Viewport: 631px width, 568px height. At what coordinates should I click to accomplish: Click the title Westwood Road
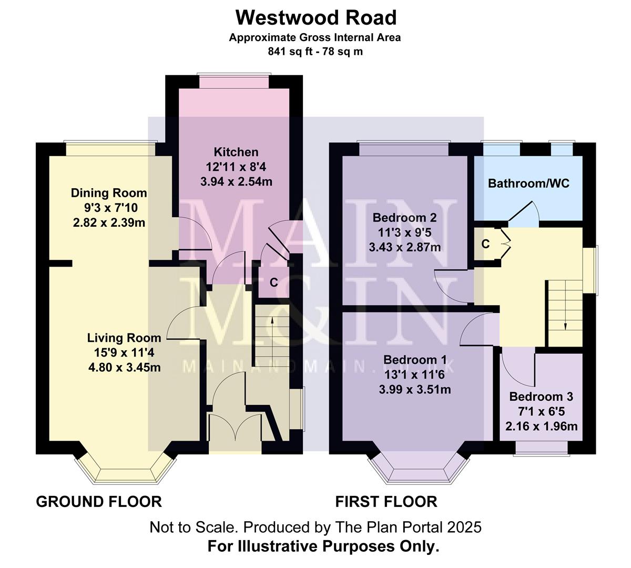click(315, 18)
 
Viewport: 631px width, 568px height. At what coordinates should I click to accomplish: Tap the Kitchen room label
click(236, 153)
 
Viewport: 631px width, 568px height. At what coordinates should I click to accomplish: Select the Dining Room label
click(109, 193)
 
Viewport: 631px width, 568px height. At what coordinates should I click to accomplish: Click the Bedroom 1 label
click(415, 360)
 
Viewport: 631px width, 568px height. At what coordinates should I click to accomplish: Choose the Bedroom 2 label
click(404, 218)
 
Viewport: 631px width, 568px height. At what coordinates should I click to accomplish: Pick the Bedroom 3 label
click(541, 397)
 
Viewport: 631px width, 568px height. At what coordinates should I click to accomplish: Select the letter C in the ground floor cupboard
click(273, 282)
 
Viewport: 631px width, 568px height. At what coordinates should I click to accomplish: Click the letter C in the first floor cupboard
click(485, 244)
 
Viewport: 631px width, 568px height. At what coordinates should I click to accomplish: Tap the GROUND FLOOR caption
click(99, 501)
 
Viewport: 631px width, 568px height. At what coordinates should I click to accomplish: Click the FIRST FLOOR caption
click(386, 501)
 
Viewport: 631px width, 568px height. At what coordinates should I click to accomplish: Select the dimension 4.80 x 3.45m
click(124, 367)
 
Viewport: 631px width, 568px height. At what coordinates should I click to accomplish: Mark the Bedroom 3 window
click(541, 448)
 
